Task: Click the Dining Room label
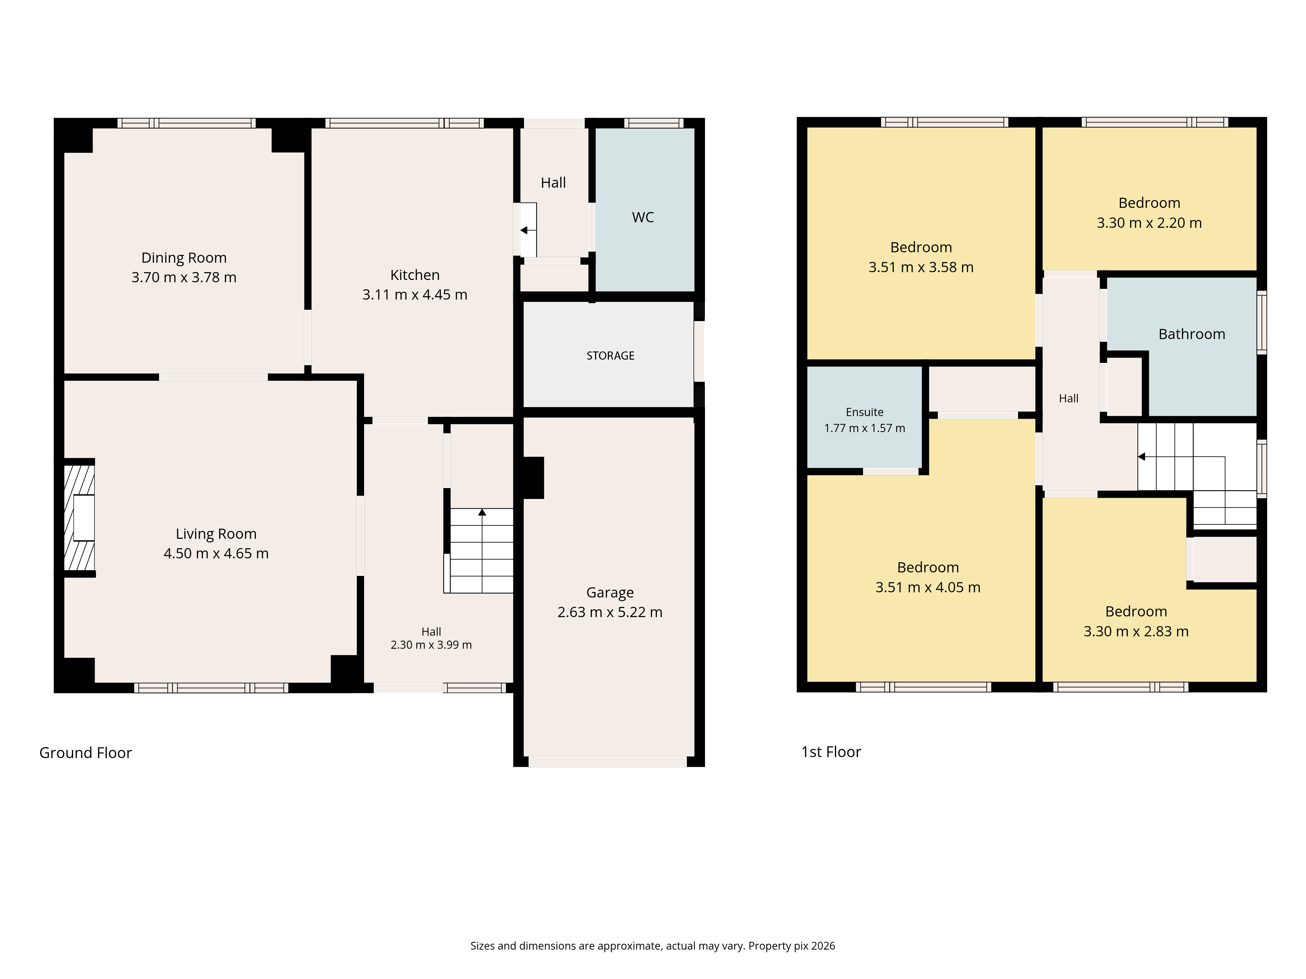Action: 183,258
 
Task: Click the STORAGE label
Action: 611,356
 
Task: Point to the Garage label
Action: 610,593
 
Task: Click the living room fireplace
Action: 79,518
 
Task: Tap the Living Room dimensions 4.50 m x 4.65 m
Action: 216,553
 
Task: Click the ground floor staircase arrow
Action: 482,550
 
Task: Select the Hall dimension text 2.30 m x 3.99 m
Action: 431,645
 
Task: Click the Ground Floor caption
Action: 86,753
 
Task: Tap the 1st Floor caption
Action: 831,752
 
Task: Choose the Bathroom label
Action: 1191,334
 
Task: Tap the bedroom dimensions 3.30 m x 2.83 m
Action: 1136,631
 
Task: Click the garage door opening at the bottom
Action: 608,762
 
